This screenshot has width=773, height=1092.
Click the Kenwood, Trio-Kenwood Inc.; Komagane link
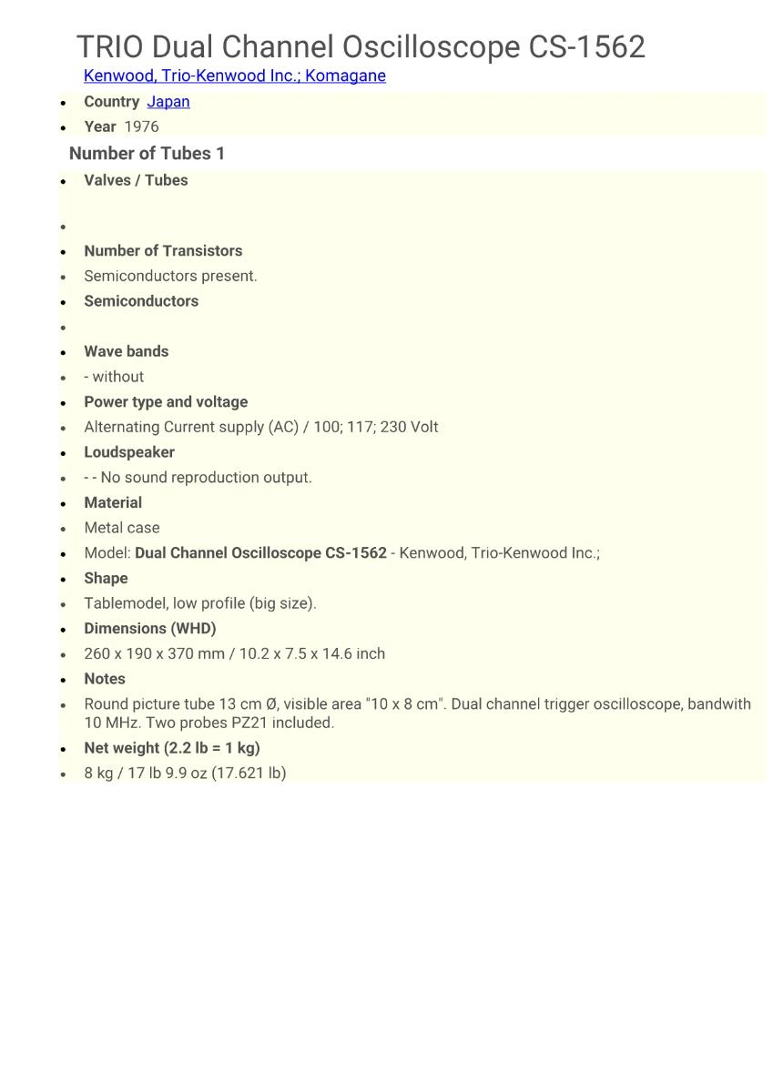pos(234,76)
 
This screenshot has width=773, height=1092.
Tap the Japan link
pos(168,101)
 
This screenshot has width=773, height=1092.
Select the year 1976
pos(141,126)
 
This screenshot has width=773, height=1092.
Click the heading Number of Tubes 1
pos(147,153)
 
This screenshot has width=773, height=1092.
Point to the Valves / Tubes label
pos(136,180)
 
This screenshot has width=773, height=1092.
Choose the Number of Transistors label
pos(163,250)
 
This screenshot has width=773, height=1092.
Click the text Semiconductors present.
pos(170,276)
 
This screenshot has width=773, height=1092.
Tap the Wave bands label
pos(126,351)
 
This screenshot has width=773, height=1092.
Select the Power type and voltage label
pos(166,401)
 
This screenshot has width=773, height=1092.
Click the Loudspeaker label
pos(129,452)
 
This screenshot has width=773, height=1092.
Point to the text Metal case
pos(121,528)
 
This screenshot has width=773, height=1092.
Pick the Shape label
pos(106,578)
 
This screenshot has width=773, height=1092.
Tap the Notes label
pos(105,679)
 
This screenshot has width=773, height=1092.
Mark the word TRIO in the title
pos(110,47)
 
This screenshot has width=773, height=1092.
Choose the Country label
pos(111,101)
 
